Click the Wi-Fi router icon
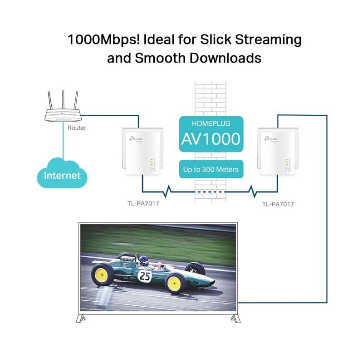(64, 115)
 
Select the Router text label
(77, 128)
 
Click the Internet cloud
(62, 174)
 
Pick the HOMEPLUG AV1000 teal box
(211, 132)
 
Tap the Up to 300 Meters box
(211, 170)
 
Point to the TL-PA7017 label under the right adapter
(278, 204)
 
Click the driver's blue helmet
(143, 260)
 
